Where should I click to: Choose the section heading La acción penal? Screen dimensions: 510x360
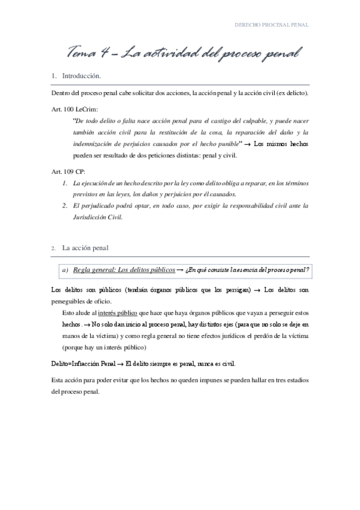(85, 247)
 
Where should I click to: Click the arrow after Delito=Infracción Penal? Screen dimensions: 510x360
(121, 364)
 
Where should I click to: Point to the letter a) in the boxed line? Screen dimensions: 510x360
(64, 269)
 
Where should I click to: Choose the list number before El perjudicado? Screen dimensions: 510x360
(65, 206)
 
